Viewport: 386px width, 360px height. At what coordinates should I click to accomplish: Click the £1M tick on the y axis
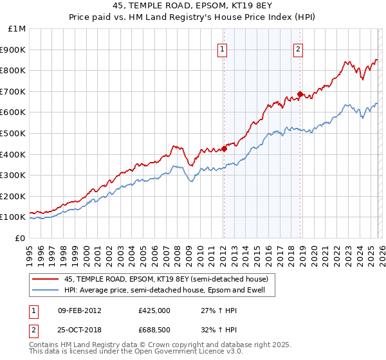tap(17, 29)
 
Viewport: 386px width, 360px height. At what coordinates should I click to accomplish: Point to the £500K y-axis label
tap(14, 133)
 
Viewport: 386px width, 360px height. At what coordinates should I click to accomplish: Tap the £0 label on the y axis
tap(21, 238)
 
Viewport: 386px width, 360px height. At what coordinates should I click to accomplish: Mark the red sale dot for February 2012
tap(224, 148)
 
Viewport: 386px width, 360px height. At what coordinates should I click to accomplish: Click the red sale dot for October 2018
tap(300, 94)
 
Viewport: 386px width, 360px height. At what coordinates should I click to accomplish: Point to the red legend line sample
tap(46, 278)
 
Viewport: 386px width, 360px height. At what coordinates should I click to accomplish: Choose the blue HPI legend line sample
tap(46, 290)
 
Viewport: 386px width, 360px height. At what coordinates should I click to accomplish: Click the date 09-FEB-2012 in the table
tap(79, 310)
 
